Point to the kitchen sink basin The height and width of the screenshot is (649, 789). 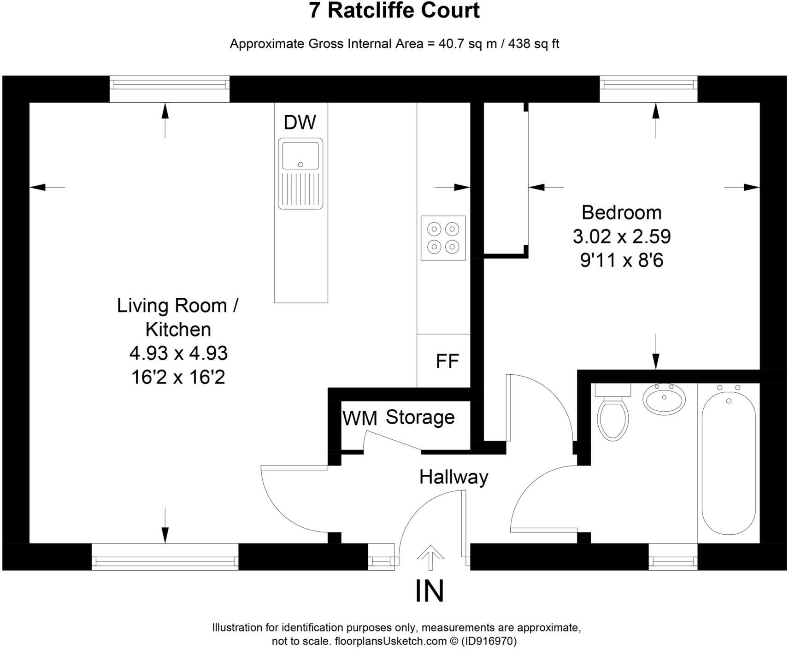300,156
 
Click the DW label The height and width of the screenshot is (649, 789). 300,123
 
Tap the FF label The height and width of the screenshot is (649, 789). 447,361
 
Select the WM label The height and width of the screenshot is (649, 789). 360,419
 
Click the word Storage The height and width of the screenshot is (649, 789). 420,417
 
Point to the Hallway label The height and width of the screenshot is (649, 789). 453,478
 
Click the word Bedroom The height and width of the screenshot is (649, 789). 622,212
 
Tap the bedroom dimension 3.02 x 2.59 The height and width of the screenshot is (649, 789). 622,236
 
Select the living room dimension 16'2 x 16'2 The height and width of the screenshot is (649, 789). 178,378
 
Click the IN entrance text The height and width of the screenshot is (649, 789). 430,591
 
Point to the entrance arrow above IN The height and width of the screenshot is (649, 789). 430,559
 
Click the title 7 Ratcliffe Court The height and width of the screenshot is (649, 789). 394,11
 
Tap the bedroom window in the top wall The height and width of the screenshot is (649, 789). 648,89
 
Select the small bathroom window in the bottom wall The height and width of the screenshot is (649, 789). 673,557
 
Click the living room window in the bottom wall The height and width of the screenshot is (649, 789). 165,557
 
